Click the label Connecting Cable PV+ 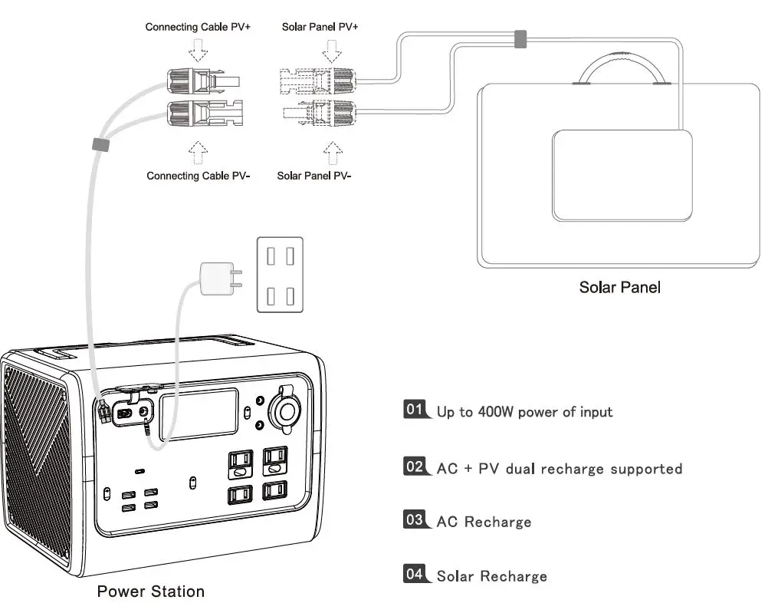coord(198,27)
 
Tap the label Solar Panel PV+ coord(320,27)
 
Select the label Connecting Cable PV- coord(197,176)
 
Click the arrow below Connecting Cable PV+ coord(198,51)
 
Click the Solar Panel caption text coord(619,288)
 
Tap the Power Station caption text coord(150,592)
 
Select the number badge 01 coord(415,409)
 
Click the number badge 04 coord(415,573)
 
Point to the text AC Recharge coord(484,522)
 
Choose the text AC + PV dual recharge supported coord(559,468)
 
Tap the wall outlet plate coord(279,275)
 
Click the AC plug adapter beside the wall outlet coord(215,278)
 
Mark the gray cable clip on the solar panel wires coord(520,39)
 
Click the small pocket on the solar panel coord(622,176)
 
